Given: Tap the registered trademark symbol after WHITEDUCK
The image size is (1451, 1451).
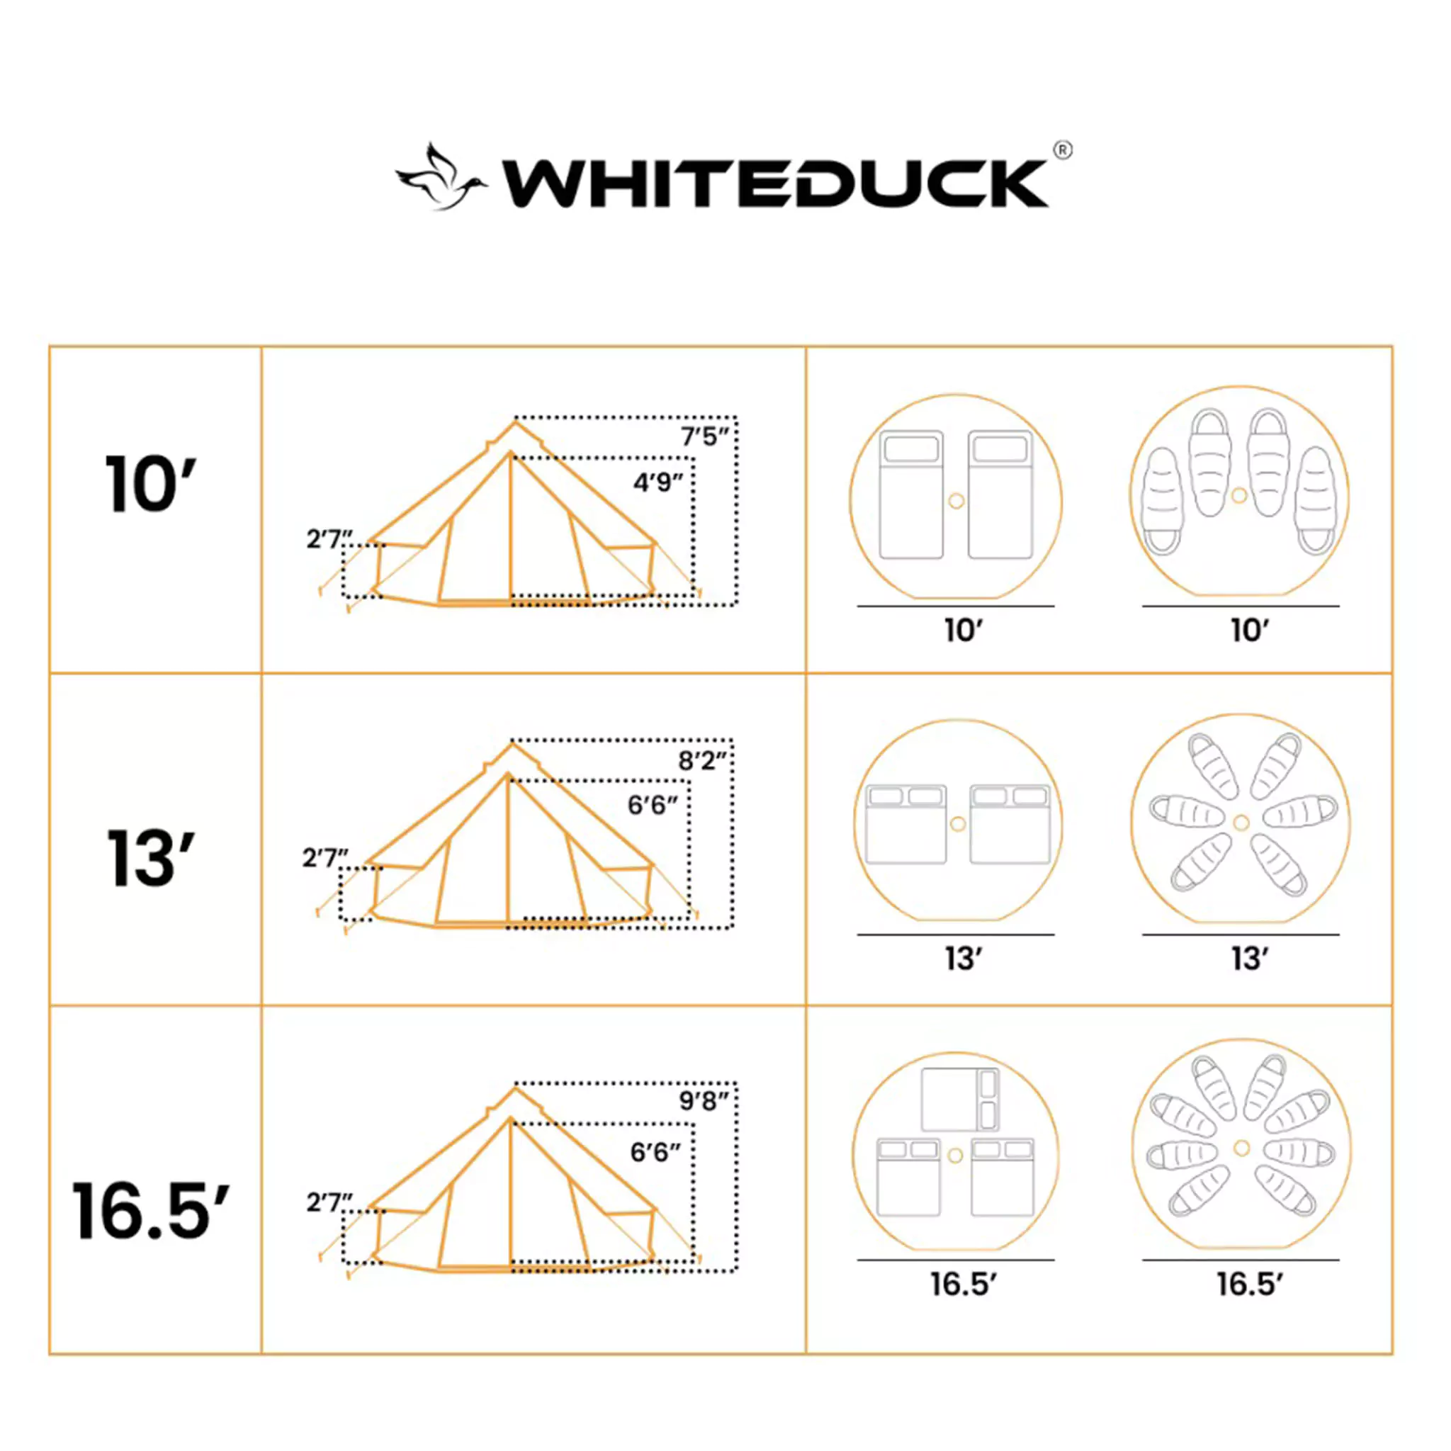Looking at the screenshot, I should click(x=1063, y=150).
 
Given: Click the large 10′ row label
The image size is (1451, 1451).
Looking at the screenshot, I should click(x=149, y=485).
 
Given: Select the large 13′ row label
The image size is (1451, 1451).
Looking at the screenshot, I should click(x=150, y=858).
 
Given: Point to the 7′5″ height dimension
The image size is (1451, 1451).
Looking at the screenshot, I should click(x=704, y=436).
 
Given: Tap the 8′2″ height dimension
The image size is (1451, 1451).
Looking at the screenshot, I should click(x=702, y=761).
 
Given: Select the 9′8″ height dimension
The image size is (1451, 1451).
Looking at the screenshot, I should click(x=703, y=1102).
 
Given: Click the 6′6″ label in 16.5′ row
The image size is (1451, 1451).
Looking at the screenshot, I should click(x=655, y=1152).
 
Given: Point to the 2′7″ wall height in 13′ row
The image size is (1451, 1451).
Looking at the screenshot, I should click(x=325, y=857).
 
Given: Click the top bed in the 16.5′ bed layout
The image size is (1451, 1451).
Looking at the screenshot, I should click(x=959, y=1100).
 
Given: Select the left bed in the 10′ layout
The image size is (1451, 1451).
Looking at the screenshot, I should click(x=911, y=495).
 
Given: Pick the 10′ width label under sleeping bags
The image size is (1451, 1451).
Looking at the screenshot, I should click(x=1249, y=630).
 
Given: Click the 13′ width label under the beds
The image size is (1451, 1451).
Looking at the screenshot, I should click(x=963, y=959).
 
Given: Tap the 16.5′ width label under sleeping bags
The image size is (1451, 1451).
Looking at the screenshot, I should click(x=1249, y=1285).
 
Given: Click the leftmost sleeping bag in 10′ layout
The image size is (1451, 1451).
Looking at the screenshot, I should click(x=1162, y=501).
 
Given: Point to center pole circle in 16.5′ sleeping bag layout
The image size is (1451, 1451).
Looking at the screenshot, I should click(x=1241, y=1148).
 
